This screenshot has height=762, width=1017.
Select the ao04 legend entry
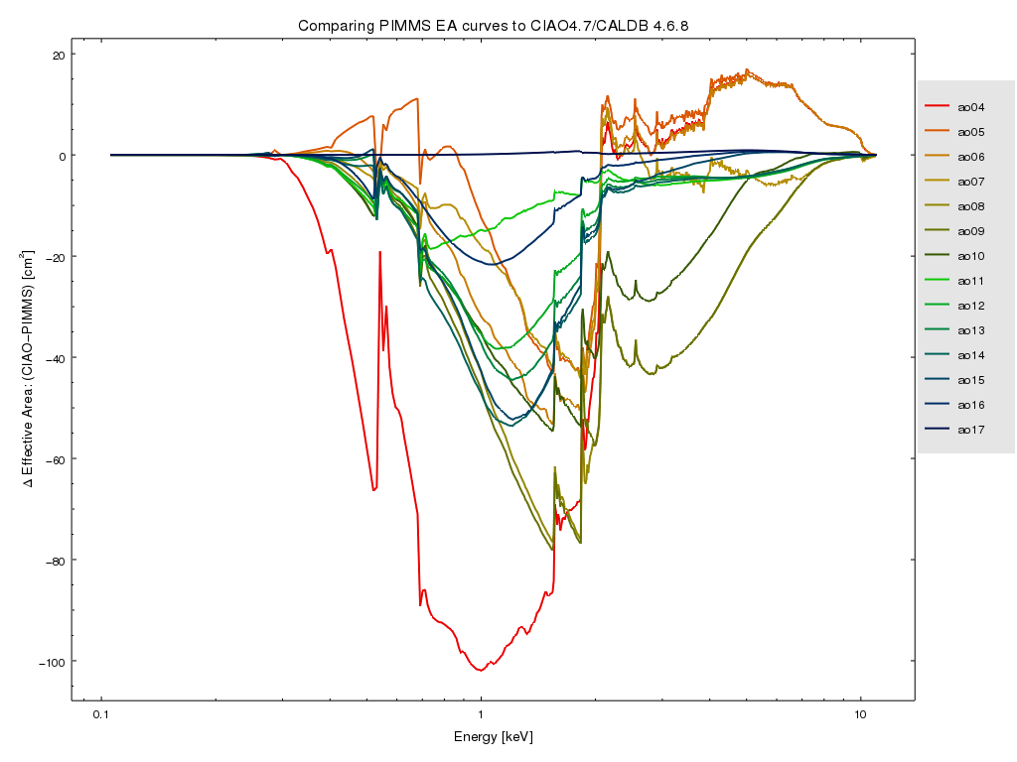(x=970, y=107)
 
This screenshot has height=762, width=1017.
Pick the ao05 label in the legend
(x=970, y=132)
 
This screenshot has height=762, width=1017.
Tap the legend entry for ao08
(x=970, y=206)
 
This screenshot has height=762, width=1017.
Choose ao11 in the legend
(x=970, y=281)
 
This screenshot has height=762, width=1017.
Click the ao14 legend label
(x=970, y=355)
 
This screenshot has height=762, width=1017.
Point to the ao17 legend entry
(x=970, y=430)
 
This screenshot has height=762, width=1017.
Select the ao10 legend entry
(x=970, y=256)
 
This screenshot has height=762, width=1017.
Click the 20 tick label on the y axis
(x=58, y=55)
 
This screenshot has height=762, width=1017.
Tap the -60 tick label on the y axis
(x=54, y=459)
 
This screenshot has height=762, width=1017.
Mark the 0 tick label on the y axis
(x=61, y=156)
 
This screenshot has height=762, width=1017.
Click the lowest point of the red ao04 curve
(x=481, y=671)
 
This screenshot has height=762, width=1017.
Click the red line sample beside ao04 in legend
(x=939, y=107)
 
